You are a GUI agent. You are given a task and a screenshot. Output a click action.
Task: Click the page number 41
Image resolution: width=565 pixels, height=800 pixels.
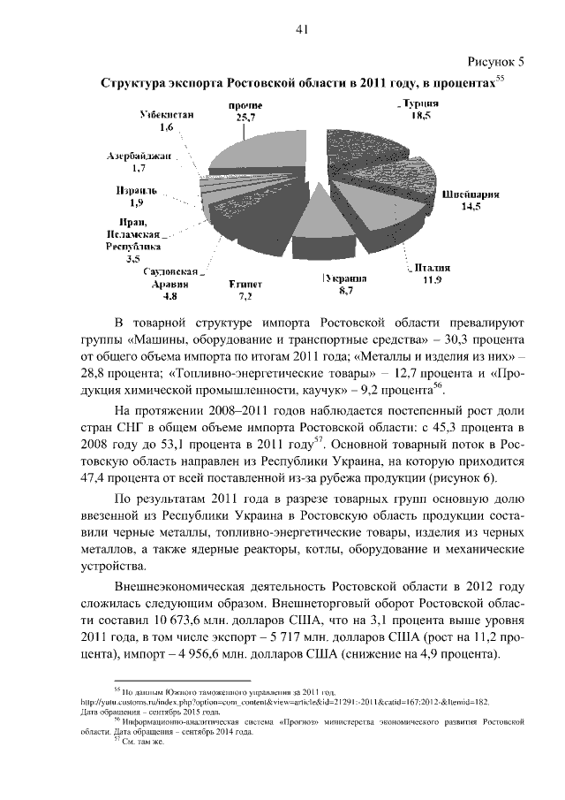(x=301, y=30)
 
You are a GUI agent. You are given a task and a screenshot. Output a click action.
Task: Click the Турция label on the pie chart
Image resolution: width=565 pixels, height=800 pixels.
(x=418, y=104)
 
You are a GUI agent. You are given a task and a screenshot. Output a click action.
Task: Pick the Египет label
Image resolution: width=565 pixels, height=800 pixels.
(x=246, y=284)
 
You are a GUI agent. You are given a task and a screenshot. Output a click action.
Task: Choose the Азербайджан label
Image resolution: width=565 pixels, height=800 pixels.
(x=138, y=155)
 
